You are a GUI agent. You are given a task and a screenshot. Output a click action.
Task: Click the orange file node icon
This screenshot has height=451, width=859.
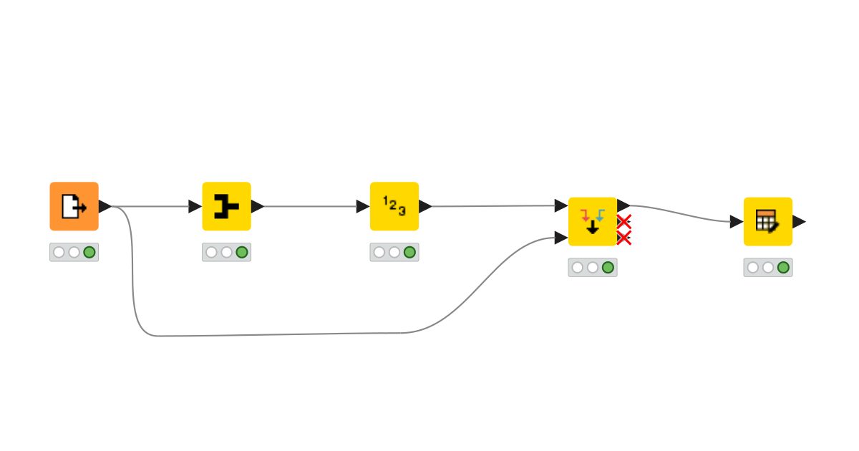pos(74,206)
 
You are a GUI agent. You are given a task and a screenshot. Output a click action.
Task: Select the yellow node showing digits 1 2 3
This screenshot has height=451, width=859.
pos(394,206)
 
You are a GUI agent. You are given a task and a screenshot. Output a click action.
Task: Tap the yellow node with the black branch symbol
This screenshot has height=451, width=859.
pos(226,206)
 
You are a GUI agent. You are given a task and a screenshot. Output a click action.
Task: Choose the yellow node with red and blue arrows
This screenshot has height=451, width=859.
pos(592,221)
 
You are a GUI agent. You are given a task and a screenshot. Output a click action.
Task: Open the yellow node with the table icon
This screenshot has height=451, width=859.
pos(767,221)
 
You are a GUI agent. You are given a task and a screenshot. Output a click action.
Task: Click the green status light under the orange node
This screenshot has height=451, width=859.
pos(89,252)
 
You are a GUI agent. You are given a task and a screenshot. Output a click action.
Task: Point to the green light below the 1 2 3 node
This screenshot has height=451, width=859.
pos(409,252)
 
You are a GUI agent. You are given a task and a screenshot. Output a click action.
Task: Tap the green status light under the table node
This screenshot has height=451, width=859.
pos(783,267)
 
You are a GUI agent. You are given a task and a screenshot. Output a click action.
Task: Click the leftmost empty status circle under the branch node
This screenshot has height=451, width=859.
pos(211,252)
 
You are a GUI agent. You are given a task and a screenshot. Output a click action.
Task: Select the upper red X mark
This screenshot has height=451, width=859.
pos(623,221)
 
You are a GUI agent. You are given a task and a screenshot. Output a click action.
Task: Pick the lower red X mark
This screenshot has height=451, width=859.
pos(623,238)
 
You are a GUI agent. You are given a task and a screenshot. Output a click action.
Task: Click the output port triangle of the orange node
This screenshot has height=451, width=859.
pos(105,206)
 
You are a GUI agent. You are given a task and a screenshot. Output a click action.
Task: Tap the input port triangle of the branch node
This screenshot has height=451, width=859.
pos(195,206)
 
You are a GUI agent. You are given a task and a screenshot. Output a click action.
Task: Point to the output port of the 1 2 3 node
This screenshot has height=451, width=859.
pos(425,206)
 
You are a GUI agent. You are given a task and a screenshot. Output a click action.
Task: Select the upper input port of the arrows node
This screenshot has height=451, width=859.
pos(561,206)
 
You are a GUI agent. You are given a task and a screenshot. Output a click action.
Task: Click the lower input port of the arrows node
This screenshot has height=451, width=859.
pos(561,238)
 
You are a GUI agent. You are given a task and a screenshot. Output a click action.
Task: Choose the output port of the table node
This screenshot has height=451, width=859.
pos(799,221)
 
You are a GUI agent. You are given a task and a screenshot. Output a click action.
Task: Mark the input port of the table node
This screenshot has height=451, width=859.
pos(737,221)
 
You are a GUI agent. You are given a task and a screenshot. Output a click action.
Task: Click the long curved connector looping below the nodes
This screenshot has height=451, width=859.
pos(286,334)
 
